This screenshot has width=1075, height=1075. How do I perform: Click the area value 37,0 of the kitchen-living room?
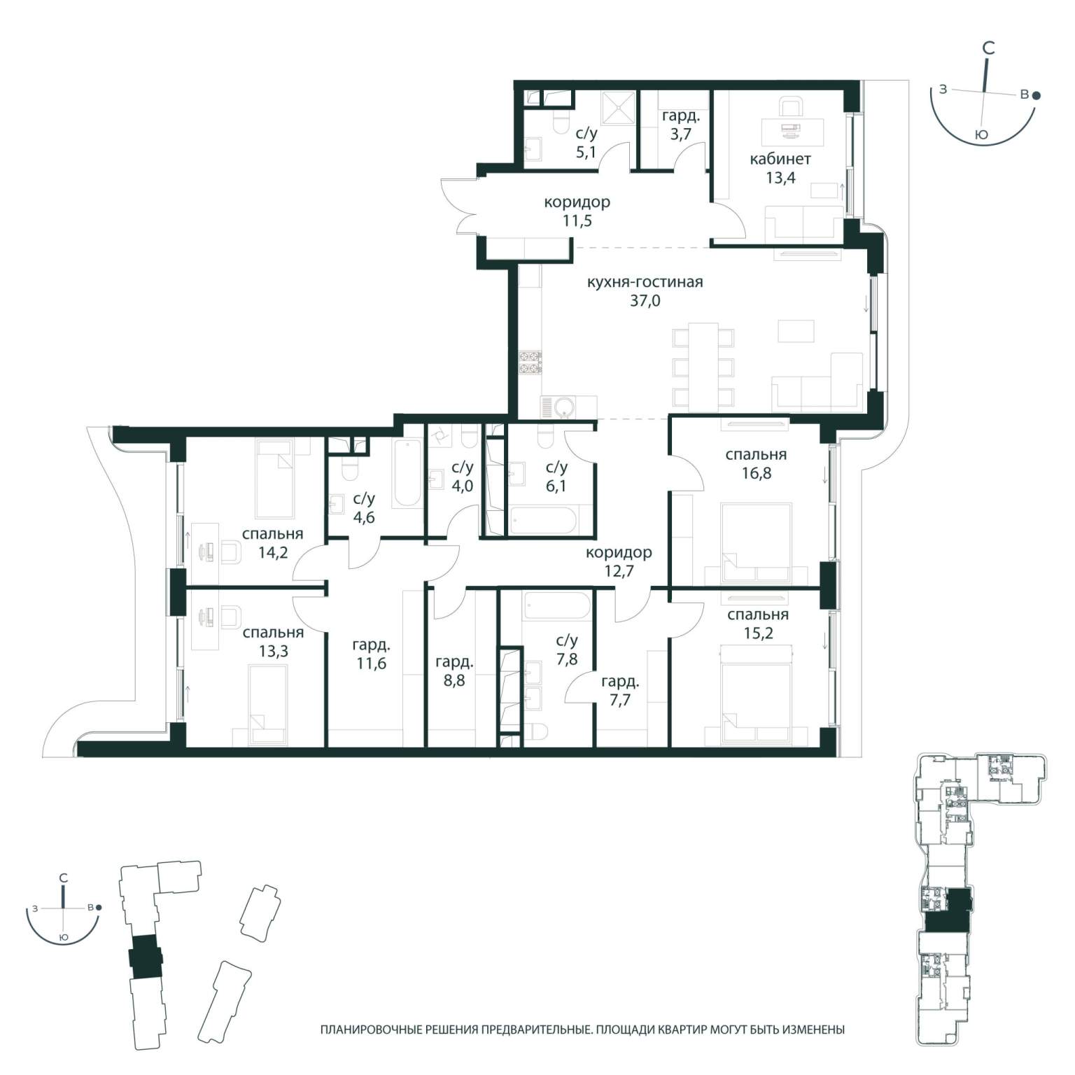pyautogui.click(x=645, y=302)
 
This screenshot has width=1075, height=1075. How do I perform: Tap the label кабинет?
pyautogui.click(x=780, y=159)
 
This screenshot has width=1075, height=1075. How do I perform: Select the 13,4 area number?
pyautogui.click(x=780, y=178)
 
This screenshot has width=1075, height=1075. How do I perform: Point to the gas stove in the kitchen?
pyautogui.click(x=530, y=362)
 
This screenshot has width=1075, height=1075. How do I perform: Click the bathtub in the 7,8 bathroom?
pyautogui.click(x=558, y=606)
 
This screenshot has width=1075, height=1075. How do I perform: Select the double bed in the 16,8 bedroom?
pyautogui.click(x=757, y=542)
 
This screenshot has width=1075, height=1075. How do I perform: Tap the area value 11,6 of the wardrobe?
pyautogui.click(x=371, y=663)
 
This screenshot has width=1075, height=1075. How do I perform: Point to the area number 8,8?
pyautogui.click(x=454, y=680)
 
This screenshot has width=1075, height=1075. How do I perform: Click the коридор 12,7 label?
pyautogui.click(x=619, y=562)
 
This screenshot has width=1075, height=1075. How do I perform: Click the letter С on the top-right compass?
pyautogui.click(x=988, y=48)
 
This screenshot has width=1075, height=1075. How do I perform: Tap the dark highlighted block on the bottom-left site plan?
pyautogui.click(x=146, y=957)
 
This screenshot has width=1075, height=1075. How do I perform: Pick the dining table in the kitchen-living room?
pyautogui.click(x=703, y=367)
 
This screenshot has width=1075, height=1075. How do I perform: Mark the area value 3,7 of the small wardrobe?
pyautogui.click(x=680, y=134)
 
